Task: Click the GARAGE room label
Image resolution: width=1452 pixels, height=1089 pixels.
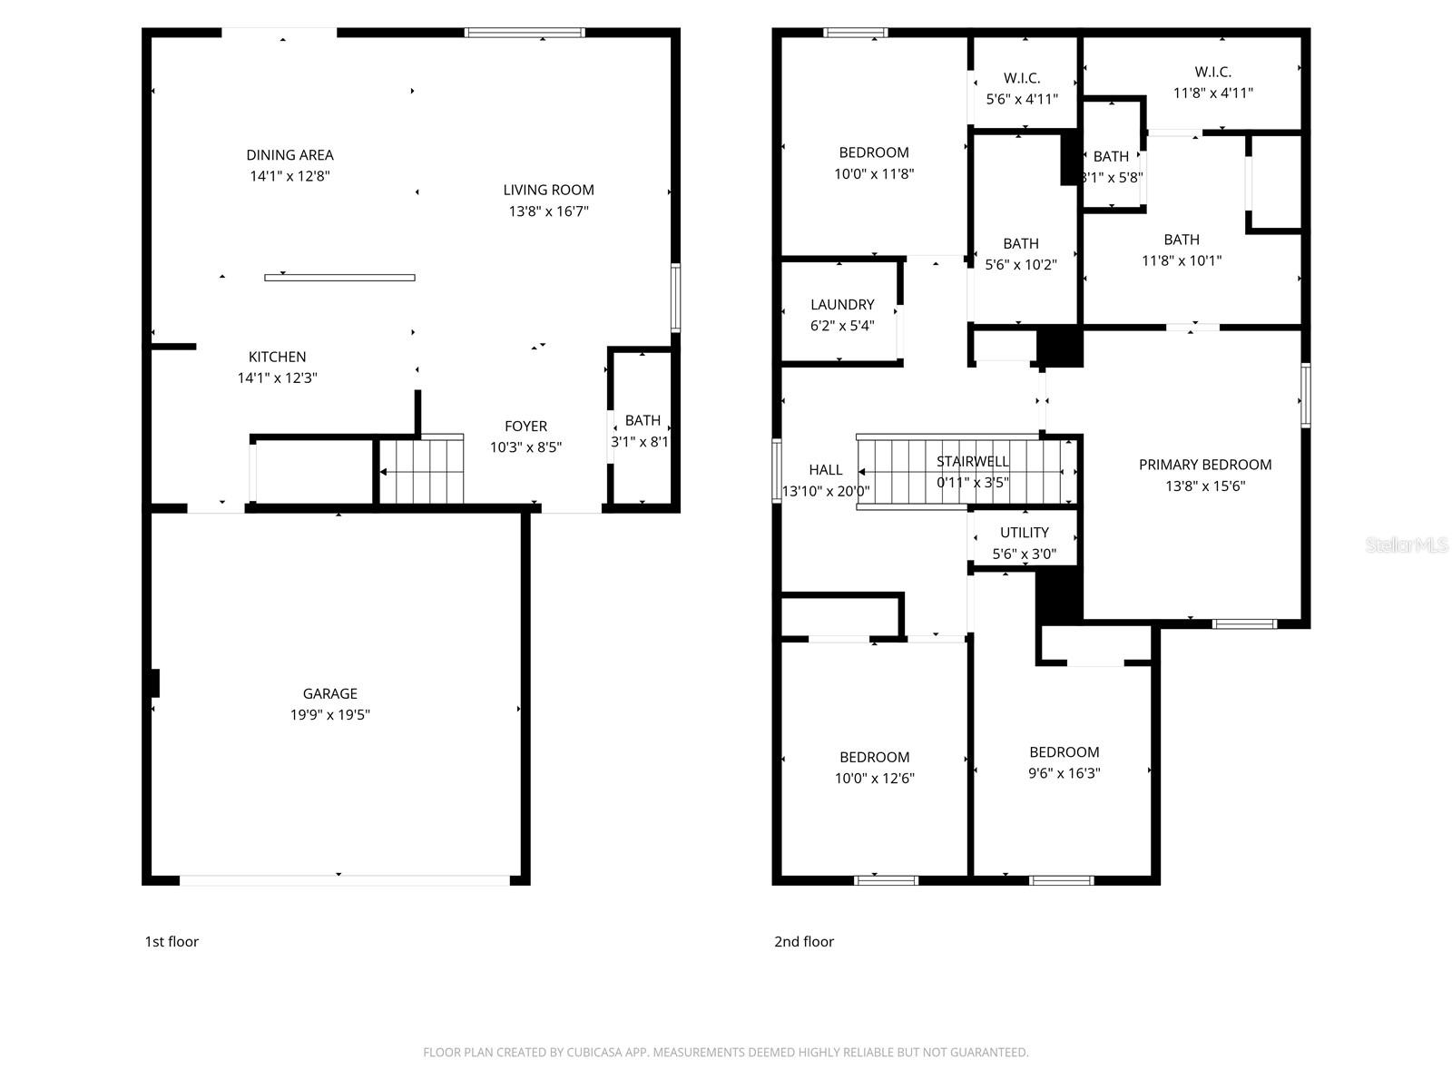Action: (329, 693)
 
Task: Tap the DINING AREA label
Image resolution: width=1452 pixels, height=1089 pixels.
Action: (289, 155)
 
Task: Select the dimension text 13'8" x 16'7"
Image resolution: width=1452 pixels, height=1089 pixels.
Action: (548, 211)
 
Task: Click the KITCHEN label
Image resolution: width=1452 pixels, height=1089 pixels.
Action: (277, 357)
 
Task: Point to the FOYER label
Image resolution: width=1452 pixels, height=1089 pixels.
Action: (525, 426)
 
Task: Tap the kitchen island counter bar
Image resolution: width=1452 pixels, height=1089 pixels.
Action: (339, 278)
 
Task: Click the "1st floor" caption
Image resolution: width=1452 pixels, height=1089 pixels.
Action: (172, 941)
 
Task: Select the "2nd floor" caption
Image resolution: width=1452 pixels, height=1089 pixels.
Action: (803, 941)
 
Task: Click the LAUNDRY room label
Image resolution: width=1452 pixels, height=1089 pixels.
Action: (842, 305)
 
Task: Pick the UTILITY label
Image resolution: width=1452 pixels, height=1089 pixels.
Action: (1024, 533)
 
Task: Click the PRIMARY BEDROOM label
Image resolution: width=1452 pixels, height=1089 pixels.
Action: (1204, 465)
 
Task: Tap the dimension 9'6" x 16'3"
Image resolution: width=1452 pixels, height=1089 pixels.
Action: (1064, 773)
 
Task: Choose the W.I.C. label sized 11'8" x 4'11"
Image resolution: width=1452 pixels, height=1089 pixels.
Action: (1212, 72)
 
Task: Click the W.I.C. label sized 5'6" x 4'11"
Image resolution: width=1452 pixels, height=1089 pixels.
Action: (1022, 78)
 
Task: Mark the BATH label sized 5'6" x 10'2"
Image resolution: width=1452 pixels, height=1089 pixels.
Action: (1021, 243)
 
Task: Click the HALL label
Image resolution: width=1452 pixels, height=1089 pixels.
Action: (825, 470)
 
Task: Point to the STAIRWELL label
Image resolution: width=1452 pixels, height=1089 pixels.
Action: (973, 461)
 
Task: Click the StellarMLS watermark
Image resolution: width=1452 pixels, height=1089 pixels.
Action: (1407, 545)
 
